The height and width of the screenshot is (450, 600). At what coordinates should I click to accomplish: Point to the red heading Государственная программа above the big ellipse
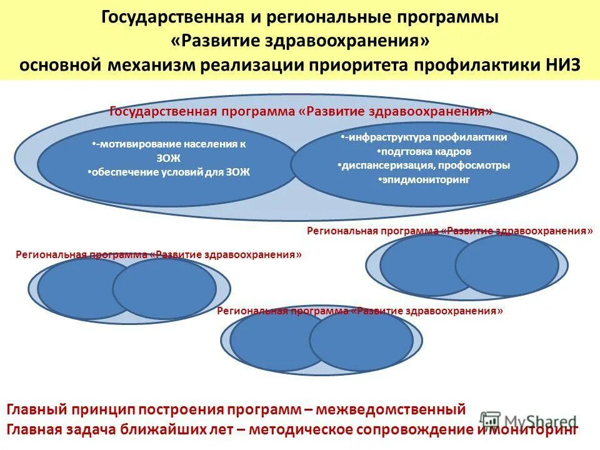click(204, 111)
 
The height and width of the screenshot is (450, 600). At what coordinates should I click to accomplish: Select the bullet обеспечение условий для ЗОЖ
click(169, 172)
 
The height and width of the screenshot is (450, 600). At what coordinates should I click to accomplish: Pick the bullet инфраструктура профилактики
click(425, 137)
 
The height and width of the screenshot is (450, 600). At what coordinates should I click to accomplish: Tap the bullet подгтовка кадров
click(425, 151)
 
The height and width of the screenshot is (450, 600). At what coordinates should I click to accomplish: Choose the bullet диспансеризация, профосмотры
click(425, 166)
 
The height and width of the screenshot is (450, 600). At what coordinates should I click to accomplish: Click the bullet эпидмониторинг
click(425, 180)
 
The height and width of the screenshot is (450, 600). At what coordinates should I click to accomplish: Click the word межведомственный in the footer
click(391, 410)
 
